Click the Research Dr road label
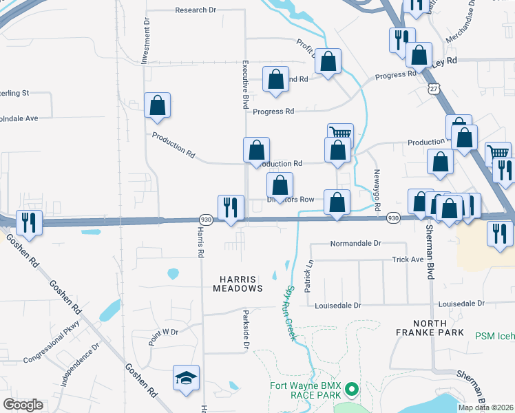point(196,10)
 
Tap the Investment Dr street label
point(146,41)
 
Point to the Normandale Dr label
point(355,244)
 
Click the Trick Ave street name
point(407,260)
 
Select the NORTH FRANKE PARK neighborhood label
point(435,328)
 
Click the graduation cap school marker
point(186,378)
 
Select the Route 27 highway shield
point(433,89)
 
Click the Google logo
point(23,405)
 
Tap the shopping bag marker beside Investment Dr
point(157,106)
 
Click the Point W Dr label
point(162,332)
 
